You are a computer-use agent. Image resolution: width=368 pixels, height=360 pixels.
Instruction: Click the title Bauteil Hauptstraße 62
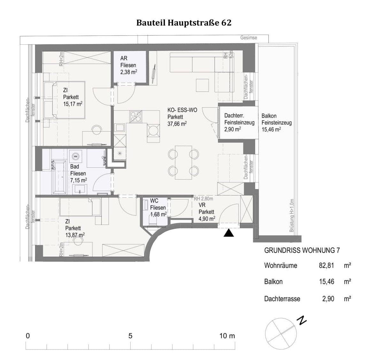(184, 23)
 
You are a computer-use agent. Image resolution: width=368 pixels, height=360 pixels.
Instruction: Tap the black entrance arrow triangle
(229, 233)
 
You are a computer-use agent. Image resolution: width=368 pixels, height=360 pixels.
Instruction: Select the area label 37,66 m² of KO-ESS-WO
(177, 124)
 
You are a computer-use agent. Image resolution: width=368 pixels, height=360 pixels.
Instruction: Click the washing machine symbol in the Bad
(76, 157)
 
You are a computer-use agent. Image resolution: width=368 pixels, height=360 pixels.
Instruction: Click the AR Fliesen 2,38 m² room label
(128, 65)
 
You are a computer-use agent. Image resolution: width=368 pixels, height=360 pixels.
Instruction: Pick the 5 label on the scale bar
(130, 336)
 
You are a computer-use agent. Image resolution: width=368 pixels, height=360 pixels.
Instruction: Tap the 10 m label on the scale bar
(227, 336)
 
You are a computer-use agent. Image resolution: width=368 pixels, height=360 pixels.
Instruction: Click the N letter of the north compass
(301, 320)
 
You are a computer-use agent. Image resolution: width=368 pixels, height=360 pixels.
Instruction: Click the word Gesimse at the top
(249, 38)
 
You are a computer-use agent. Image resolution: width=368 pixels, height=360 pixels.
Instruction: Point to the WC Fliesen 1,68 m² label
(158, 208)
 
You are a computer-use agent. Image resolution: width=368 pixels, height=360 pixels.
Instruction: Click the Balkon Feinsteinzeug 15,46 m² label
(276, 123)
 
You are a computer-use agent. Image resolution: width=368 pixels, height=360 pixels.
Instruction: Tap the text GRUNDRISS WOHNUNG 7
(302, 250)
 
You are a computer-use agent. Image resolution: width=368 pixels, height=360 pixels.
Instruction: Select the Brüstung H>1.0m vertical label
(291, 215)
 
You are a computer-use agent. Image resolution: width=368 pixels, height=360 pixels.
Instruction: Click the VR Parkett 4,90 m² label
(206, 212)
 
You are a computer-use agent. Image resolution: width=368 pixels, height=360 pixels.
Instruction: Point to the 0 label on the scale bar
(28, 336)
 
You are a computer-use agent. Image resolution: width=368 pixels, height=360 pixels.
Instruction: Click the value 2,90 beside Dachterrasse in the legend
(328, 299)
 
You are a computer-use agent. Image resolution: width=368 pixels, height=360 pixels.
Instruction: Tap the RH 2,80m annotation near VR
(203, 199)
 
